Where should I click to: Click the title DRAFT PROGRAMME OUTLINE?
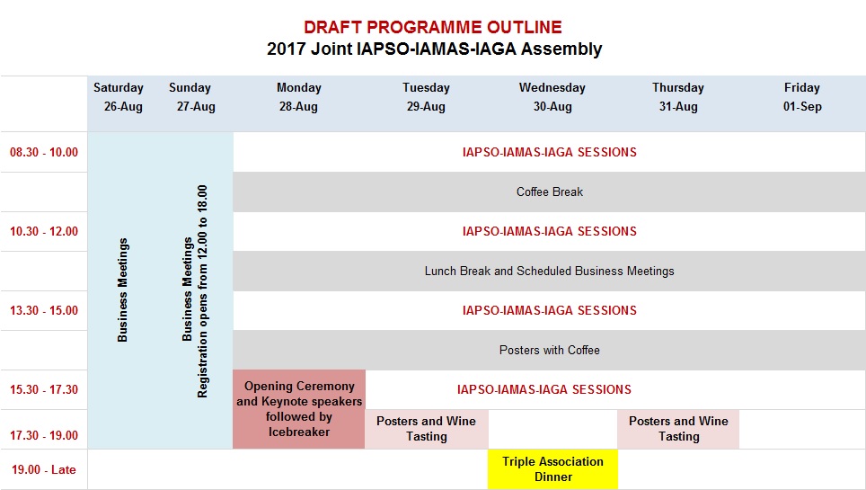(x=433, y=28)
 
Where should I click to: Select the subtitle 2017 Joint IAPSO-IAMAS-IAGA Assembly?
(x=434, y=49)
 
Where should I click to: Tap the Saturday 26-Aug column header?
(x=119, y=97)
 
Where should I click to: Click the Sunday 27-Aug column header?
(x=190, y=97)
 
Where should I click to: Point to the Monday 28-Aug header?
(x=298, y=97)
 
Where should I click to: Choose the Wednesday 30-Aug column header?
(x=552, y=97)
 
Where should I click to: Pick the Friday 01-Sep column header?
(x=801, y=97)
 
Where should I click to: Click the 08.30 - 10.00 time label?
(x=44, y=153)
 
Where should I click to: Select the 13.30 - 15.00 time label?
(x=44, y=311)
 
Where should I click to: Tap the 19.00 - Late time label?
(x=44, y=469)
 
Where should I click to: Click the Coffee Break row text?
(x=550, y=192)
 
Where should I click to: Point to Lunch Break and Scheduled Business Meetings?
(x=550, y=272)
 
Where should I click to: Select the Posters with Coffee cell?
(x=550, y=351)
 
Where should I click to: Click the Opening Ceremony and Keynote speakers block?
(x=299, y=409)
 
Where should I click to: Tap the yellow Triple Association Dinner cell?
(x=552, y=469)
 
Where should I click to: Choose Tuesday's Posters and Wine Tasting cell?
(x=426, y=429)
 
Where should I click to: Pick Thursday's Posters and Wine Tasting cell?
(x=678, y=429)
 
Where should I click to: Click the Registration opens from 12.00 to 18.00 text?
(x=203, y=291)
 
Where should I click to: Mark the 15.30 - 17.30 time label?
(x=44, y=390)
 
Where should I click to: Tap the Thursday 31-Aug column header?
(x=677, y=97)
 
